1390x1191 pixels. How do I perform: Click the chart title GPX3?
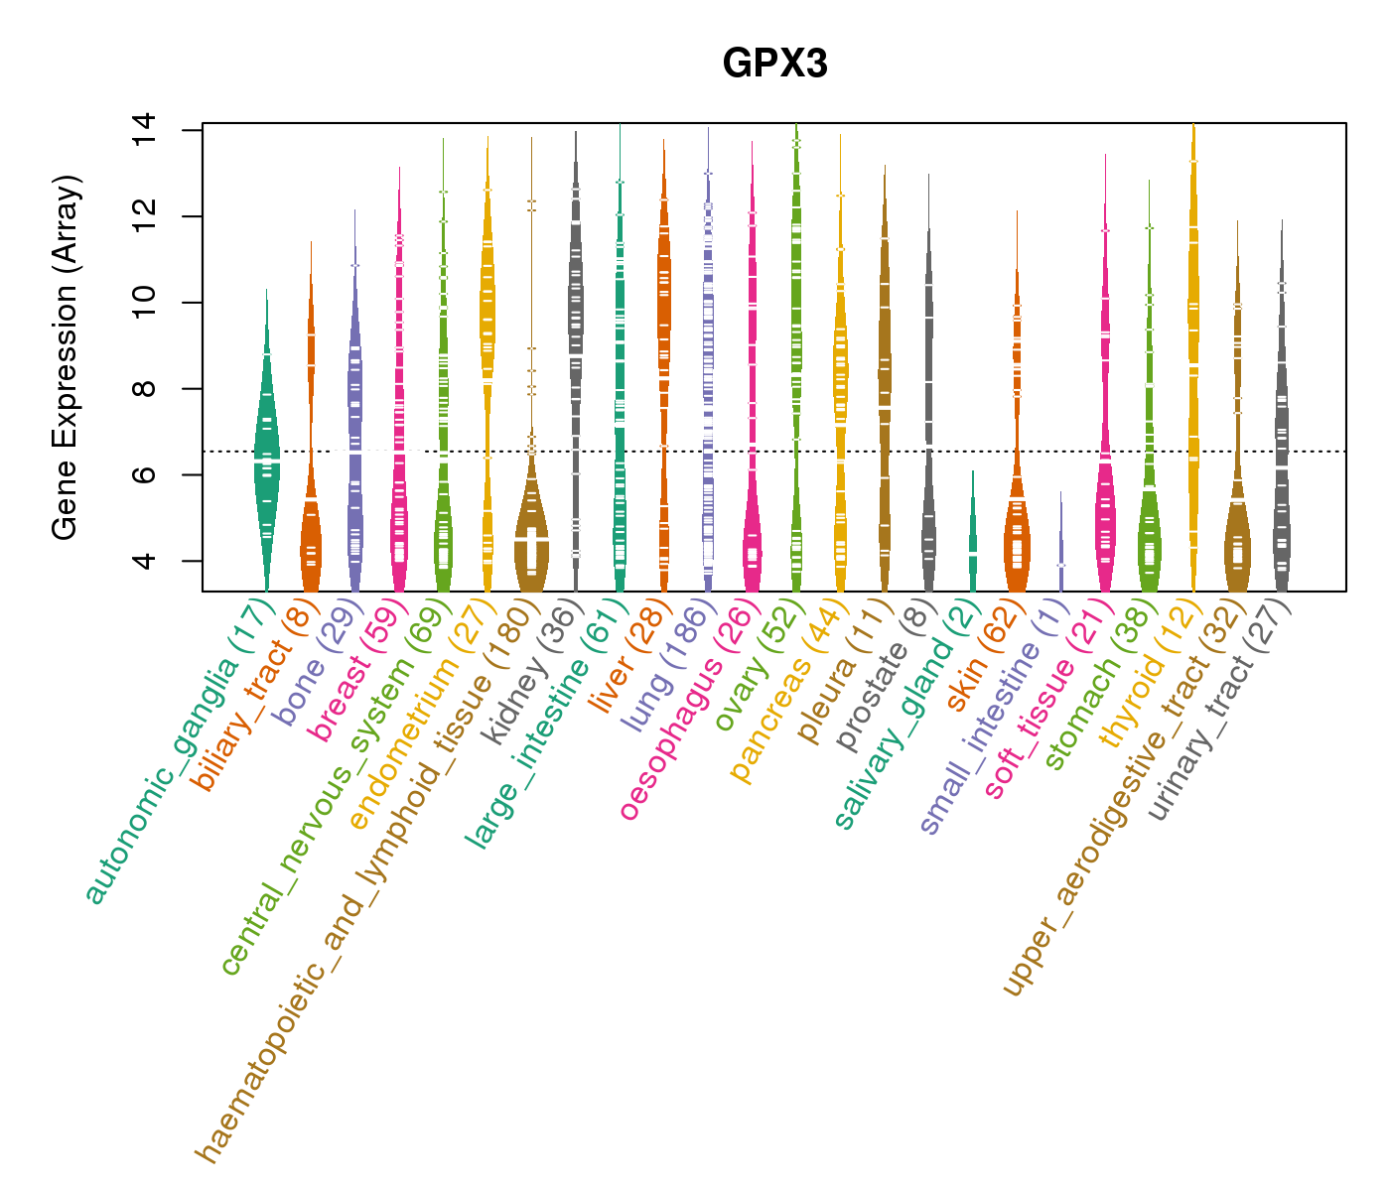tap(775, 65)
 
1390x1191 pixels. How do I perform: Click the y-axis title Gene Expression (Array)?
tap(66, 358)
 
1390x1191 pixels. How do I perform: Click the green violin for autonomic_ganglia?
tap(266, 466)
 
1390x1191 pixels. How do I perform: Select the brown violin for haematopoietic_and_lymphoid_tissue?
tap(531, 541)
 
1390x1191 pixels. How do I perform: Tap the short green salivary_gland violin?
tap(973, 541)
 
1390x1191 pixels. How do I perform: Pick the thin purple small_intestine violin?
tap(1060, 556)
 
